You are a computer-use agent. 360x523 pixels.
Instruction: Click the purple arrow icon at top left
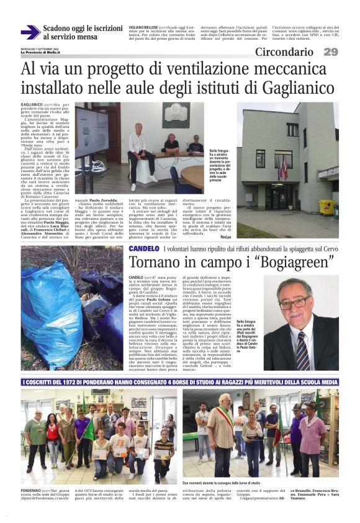pyautogui.click(x=30, y=32)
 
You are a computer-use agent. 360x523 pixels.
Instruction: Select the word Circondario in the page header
pyautogui.click(x=284, y=52)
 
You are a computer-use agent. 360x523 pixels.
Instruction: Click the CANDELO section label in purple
pyautogui.click(x=143, y=248)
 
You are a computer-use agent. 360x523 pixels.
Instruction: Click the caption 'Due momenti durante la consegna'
pyautogui.click(x=221, y=483)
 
